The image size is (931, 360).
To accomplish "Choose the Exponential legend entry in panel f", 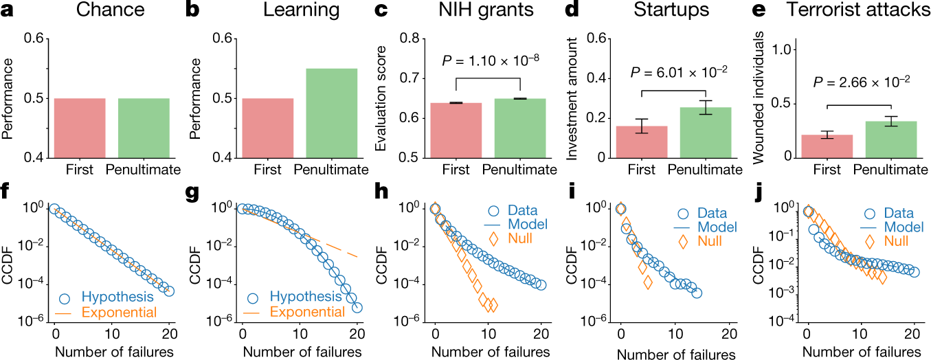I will tap(120, 313).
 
